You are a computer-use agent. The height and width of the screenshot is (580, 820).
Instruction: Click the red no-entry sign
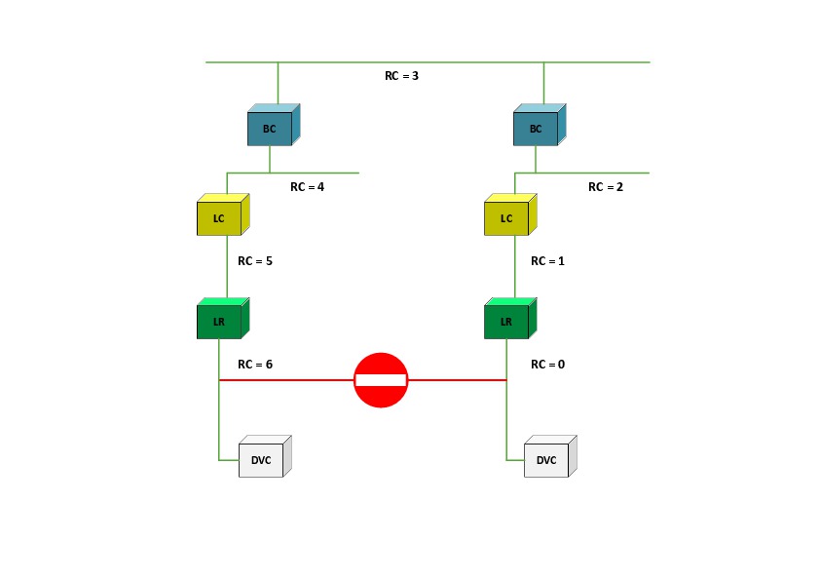pyautogui.click(x=381, y=380)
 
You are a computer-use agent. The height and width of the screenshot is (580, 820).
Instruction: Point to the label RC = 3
pyautogui.click(x=401, y=75)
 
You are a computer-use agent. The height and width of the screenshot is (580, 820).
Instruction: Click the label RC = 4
pyautogui.click(x=307, y=186)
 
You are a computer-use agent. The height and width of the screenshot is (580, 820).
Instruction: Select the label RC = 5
pyautogui.click(x=255, y=261)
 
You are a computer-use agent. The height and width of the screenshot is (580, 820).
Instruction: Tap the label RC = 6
pyautogui.click(x=255, y=364)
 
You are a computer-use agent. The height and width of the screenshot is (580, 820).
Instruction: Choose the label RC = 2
pyautogui.click(x=605, y=186)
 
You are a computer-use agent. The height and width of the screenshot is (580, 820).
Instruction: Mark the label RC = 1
pyautogui.click(x=547, y=261)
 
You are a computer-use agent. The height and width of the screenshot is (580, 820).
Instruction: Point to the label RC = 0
pyautogui.click(x=547, y=364)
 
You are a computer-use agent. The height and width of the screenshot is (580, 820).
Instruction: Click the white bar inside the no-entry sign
pyautogui.click(x=381, y=380)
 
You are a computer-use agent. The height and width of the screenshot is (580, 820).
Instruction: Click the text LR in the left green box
pyautogui.click(x=218, y=322)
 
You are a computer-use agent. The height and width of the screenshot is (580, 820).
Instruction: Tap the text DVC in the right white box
pyautogui.click(x=546, y=461)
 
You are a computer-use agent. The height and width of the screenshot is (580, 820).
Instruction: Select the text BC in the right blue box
pyautogui.click(x=535, y=129)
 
